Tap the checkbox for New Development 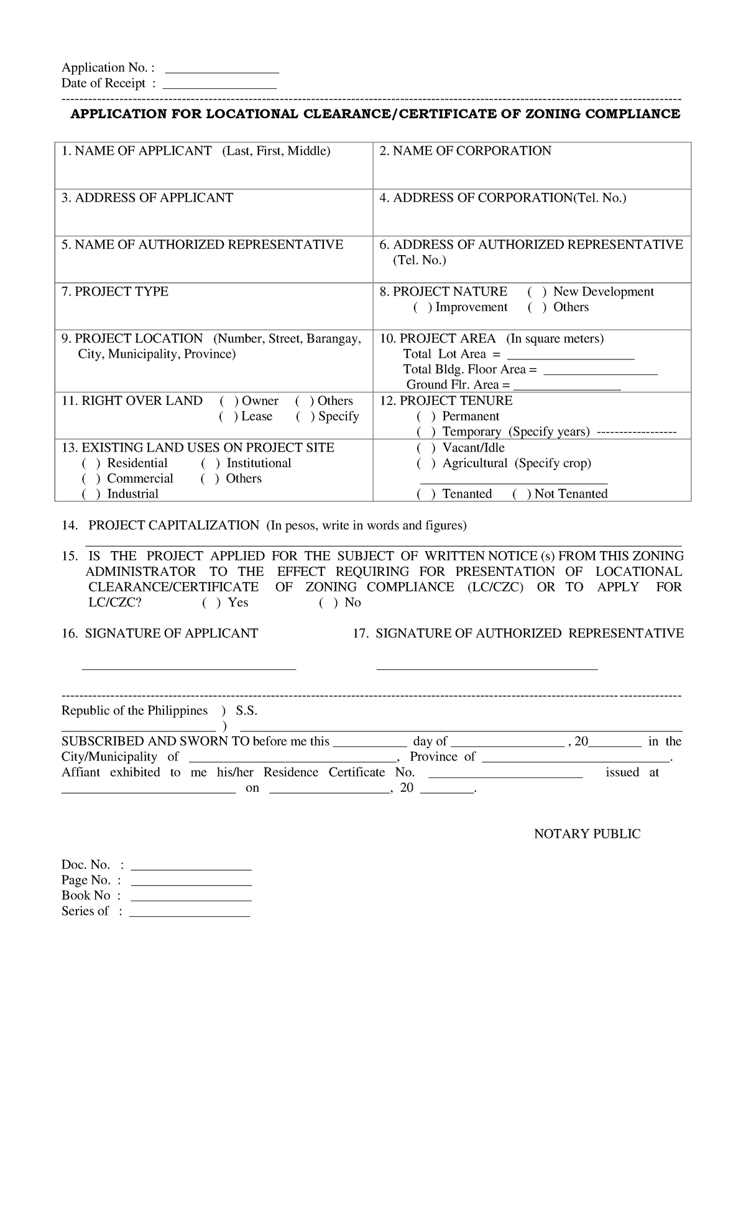tap(536, 292)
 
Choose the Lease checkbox tap(228, 417)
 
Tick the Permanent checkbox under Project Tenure tap(426, 417)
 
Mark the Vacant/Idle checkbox tap(426, 448)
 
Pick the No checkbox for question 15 tap(328, 603)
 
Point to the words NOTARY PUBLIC tap(587, 834)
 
